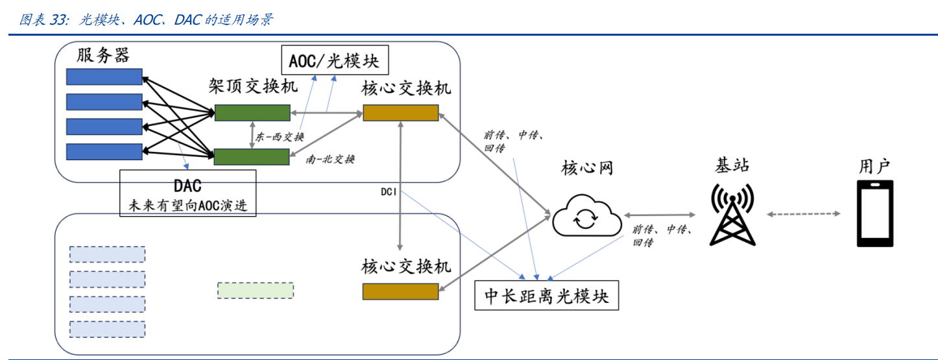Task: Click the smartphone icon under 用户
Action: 874,213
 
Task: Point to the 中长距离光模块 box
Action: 547,296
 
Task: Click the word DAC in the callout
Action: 187,186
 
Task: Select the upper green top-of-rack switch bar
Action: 252,113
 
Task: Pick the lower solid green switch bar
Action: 251,156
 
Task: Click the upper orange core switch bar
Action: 400,112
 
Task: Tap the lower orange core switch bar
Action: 400,291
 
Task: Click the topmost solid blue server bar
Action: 104,77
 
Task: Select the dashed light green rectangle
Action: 256,291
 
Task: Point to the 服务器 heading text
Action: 103,55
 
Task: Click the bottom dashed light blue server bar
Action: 107,329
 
